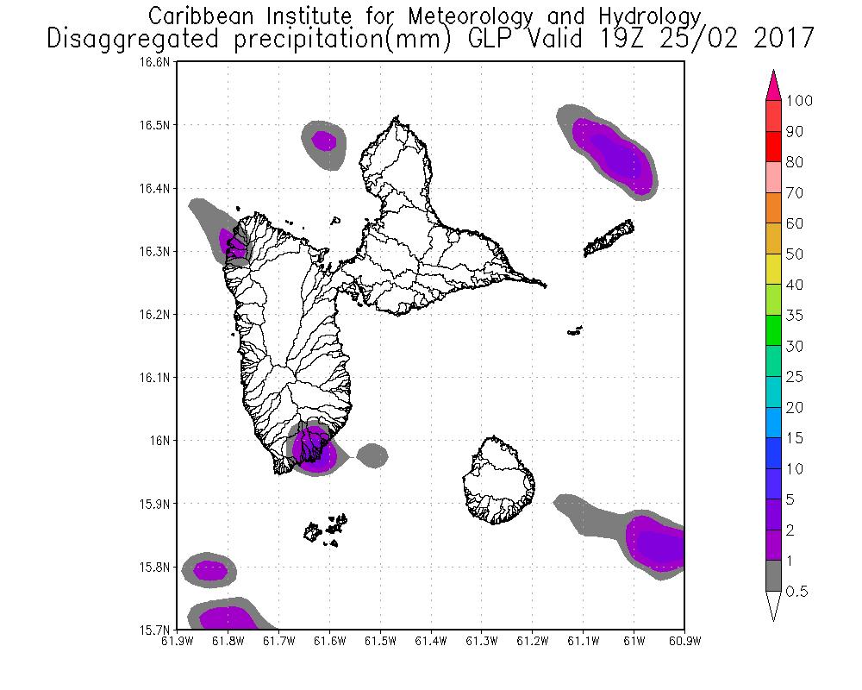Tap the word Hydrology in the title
(647, 16)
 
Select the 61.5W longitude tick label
(380, 641)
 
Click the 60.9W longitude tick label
(684, 641)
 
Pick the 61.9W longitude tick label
(177, 641)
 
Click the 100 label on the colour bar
(799, 101)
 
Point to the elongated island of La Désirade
(610, 239)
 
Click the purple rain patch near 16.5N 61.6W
(324, 139)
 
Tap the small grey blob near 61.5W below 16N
(372, 455)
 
